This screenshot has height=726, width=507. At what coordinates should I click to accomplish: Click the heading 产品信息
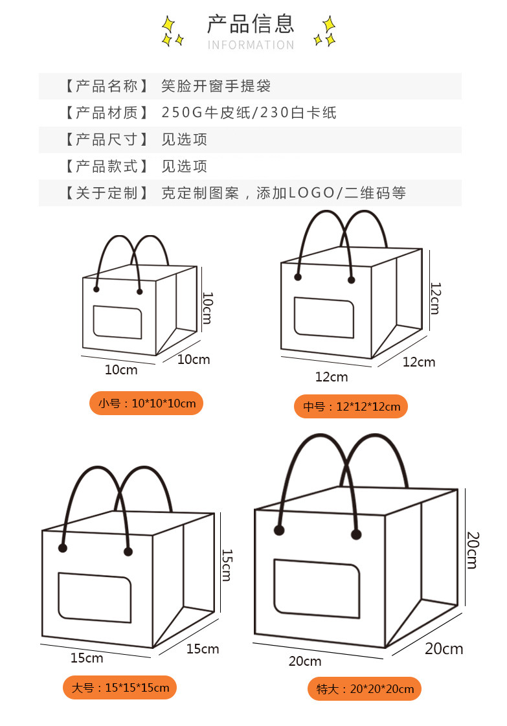[x=251, y=23]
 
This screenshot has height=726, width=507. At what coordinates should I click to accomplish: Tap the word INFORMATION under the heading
[x=251, y=45]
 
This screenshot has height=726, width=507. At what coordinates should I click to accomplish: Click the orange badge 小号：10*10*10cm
[x=146, y=403]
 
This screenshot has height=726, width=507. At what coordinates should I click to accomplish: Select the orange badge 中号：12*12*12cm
[x=352, y=407]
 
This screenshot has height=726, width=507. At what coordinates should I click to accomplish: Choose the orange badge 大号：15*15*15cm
[x=120, y=687]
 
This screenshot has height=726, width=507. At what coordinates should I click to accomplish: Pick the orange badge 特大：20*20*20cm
[x=365, y=688]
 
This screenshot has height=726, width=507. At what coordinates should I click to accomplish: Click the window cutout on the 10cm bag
[x=117, y=321]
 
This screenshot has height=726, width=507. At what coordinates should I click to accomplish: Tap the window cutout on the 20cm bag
[x=317, y=588]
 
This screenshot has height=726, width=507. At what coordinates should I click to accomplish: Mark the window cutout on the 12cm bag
[x=324, y=317]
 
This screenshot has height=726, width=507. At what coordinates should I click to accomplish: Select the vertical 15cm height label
[x=226, y=565]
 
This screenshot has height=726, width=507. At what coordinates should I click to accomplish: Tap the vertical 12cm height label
[x=434, y=298]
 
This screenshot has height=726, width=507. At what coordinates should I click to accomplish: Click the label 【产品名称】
[x=102, y=86]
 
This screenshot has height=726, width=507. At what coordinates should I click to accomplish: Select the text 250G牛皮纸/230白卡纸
[x=249, y=113]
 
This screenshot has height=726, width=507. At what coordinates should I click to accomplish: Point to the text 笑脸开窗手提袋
[x=216, y=86]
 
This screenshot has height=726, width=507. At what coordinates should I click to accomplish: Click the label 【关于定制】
[x=102, y=192]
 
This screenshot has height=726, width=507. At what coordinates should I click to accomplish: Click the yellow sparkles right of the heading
[x=324, y=32]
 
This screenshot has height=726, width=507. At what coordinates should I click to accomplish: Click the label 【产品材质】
[x=102, y=113]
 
